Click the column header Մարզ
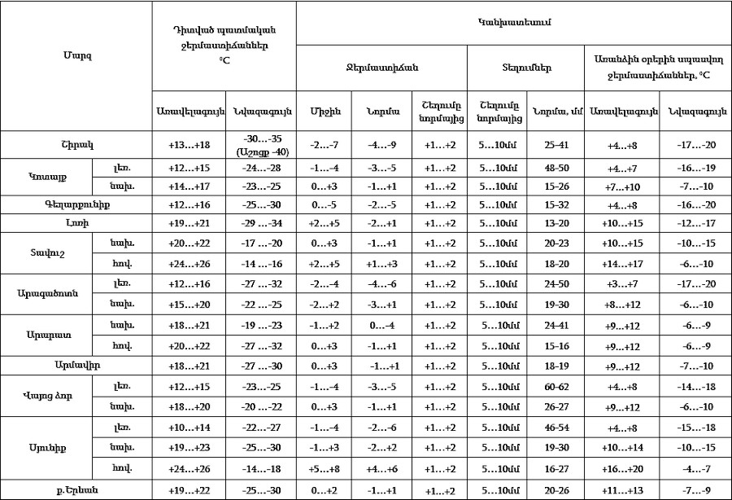click(x=76, y=56)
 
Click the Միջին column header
click(x=325, y=111)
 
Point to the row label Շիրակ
click(x=76, y=145)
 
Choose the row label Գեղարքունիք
click(x=76, y=204)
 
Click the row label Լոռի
click(x=76, y=222)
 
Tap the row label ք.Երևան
click(x=76, y=489)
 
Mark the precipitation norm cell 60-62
click(x=554, y=385)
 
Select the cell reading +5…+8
click(x=325, y=468)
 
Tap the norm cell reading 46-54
click(x=554, y=427)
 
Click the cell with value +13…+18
click(x=189, y=145)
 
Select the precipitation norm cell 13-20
click(x=554, y=222)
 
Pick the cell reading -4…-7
click(x=695, y=468)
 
